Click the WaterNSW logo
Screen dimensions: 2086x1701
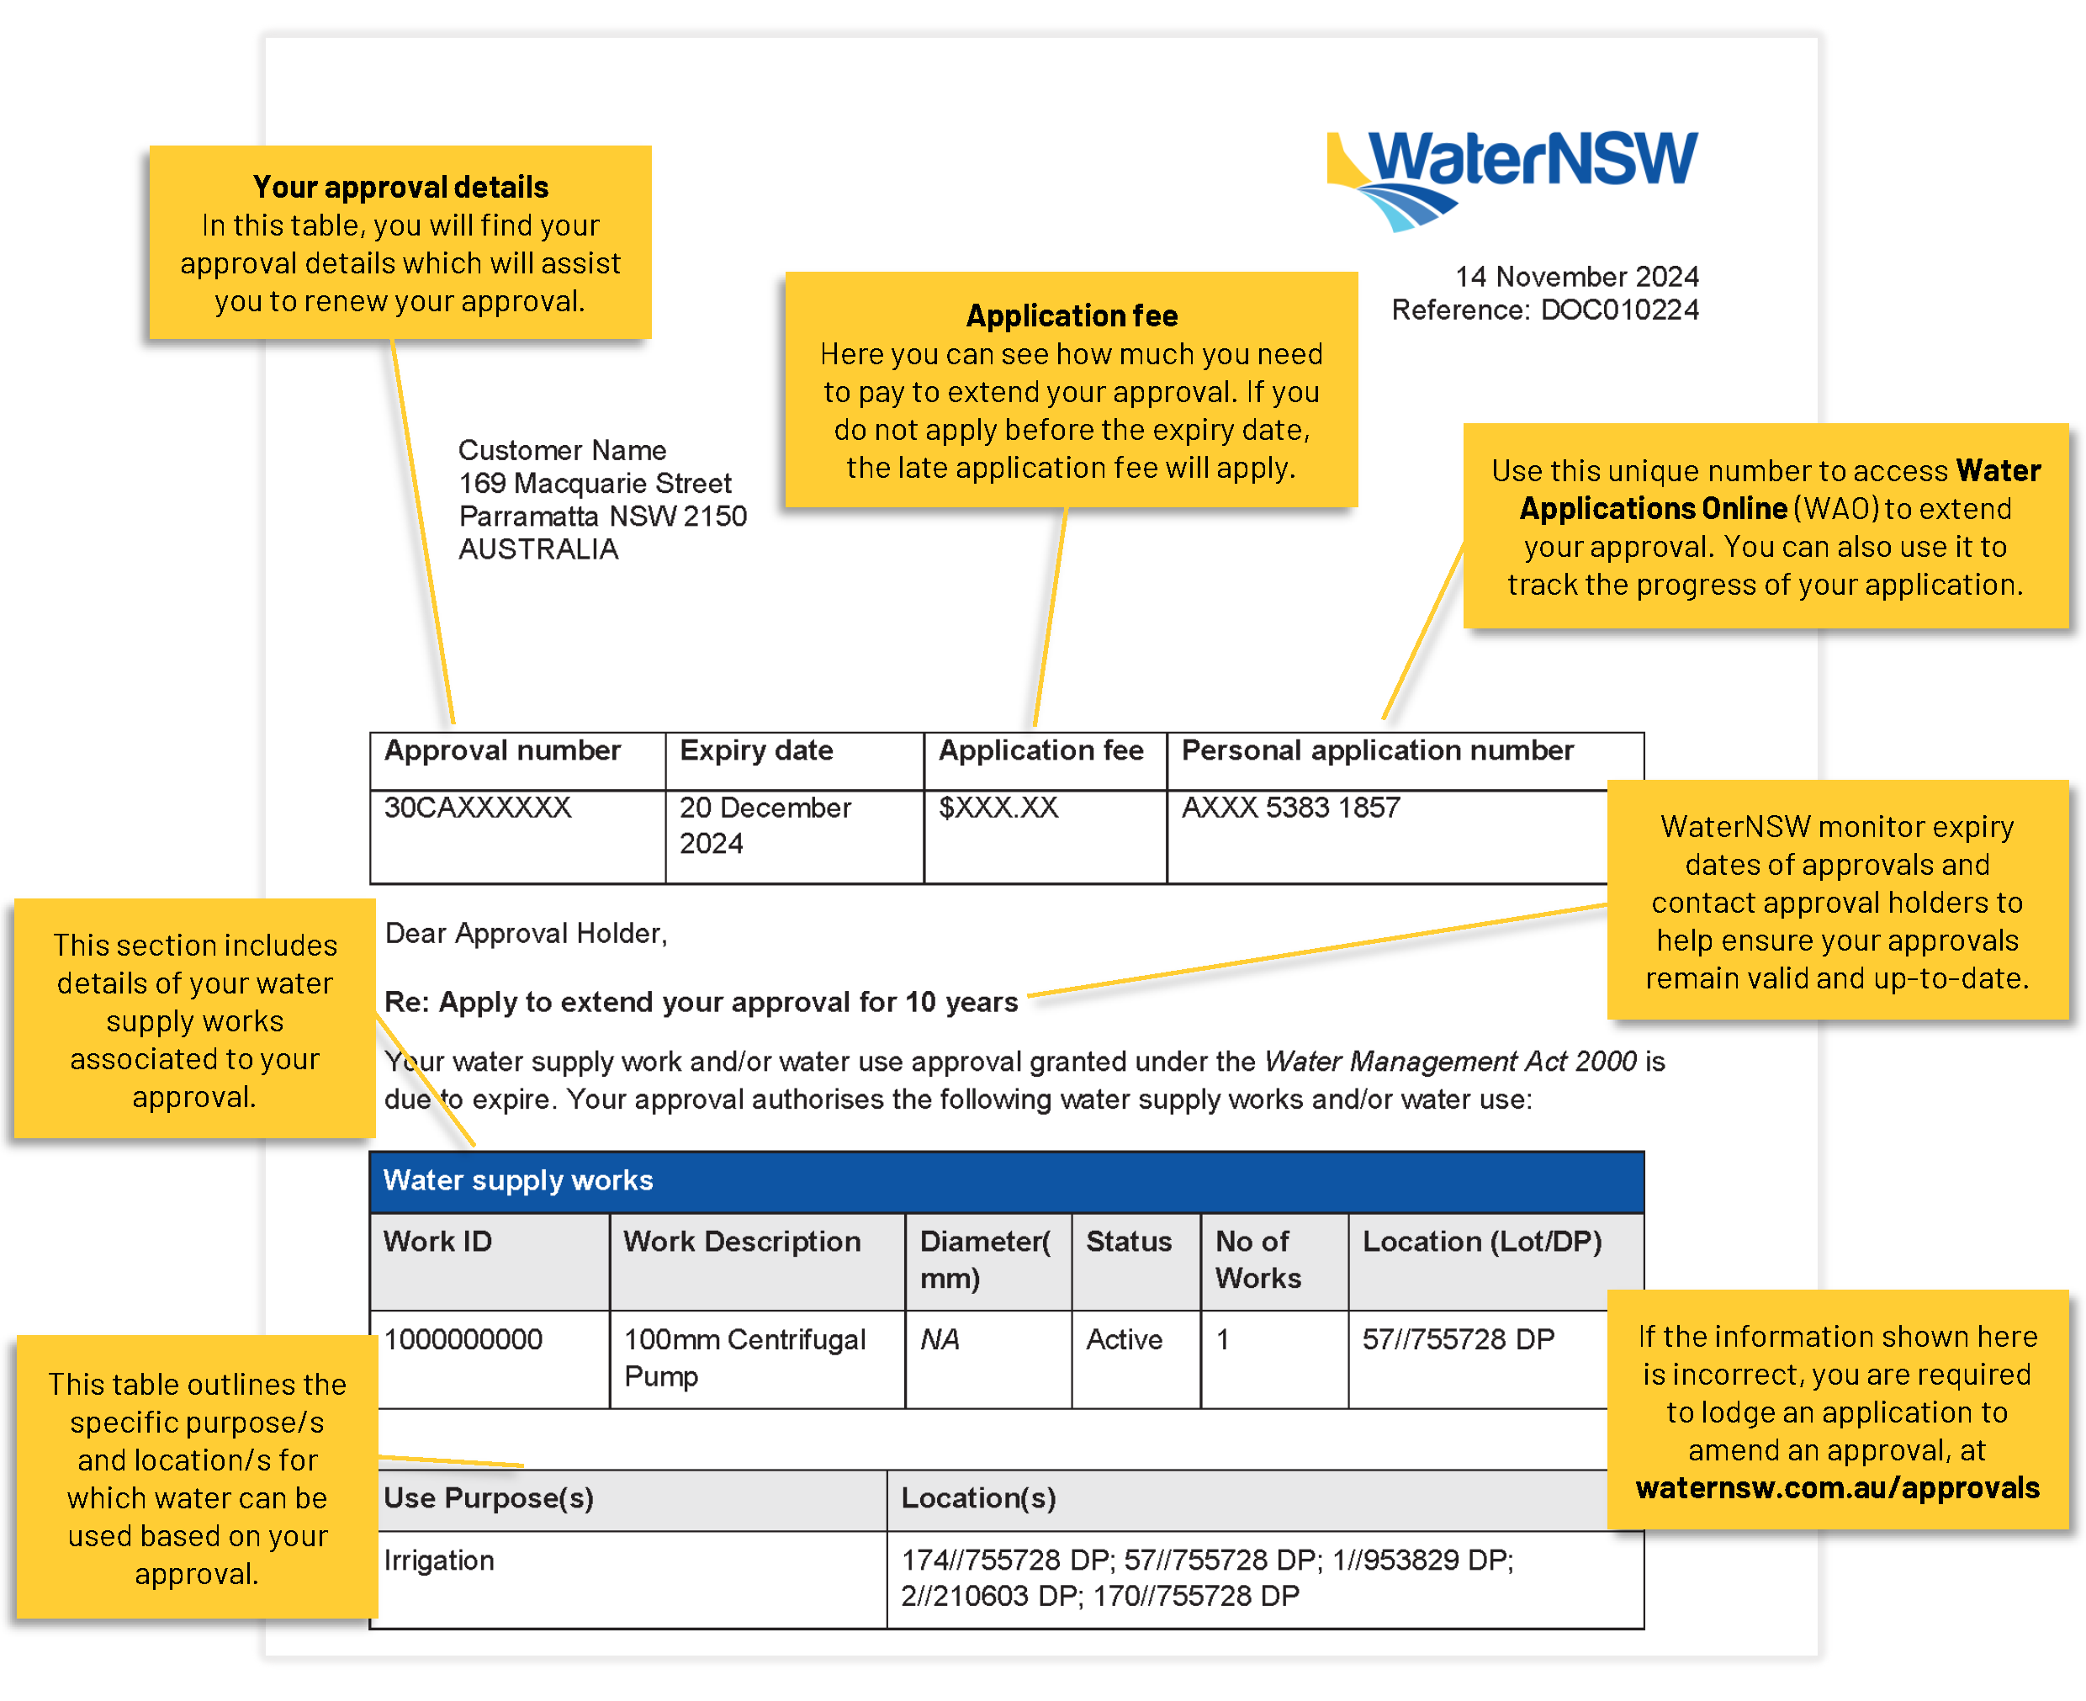pyautogui.click(x=1511, y=179)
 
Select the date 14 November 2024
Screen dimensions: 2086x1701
pyautogui.click(x=1575, y=276)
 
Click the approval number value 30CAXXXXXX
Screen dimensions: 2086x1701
pyautogui.click(x=477, y=808)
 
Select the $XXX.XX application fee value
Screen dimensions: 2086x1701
pyautogui.click(x=998, y=808)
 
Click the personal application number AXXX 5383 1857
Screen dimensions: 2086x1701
pyautogui.click(x=1290, y=808)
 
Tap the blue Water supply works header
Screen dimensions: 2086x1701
pyautogui.click(x=1006, y=1181)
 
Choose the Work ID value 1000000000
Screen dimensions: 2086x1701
pyautogui.click(x=463, y=1339)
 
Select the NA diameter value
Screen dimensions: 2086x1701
pyautogui.click(x=940, y=1339)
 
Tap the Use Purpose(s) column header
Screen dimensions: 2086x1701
pyautogui.click(x=489, y=1498)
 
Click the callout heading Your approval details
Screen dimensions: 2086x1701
pyautogui.click(x=400, y=187)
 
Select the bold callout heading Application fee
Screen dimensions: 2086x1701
pyautogui.click(x=1071, y=315)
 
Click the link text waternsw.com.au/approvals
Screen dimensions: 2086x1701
pyautogui.click(x=1837, y=1487)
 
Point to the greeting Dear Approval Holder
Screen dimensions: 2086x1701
pyautogui.click(x=525, y=934)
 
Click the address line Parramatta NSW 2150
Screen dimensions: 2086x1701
pyautogui.click(x=602, y=517)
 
